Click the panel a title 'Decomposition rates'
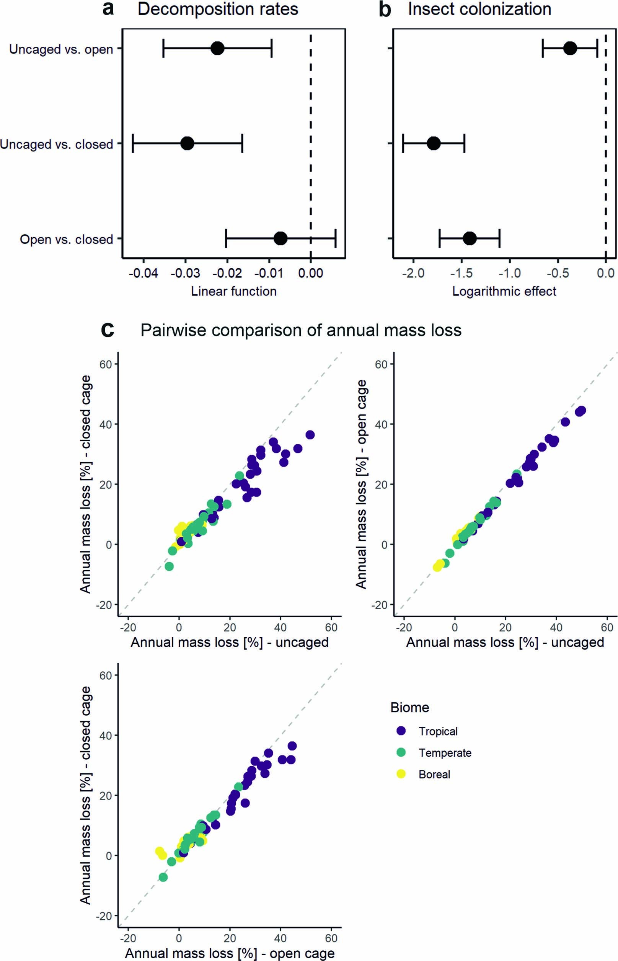[x=217, y=9]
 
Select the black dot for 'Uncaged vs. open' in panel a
[x=217, y=48]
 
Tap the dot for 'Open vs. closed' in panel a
[x=280, y=239]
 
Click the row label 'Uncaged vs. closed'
[x=57, y=144]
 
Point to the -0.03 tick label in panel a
[x=185, y=273]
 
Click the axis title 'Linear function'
[x=233, y=291]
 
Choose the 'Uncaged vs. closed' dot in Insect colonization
[x=434, y=143]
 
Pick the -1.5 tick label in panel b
[x=461, y=273]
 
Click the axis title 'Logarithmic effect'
[x=504, y=291]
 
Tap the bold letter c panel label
[x=108, y=330]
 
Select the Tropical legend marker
[x=401, y=731]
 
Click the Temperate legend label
[x=445, y=753]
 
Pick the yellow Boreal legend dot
[x=401, y=774]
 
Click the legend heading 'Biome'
[x=409, y=707]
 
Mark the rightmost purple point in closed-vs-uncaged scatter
[x=310, y=434]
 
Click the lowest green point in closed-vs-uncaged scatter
[x=170, y=566]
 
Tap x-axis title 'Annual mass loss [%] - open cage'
[x=230, y=953]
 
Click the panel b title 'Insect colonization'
[x=479, y=9]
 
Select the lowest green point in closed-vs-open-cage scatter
[x=163, y=877]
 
